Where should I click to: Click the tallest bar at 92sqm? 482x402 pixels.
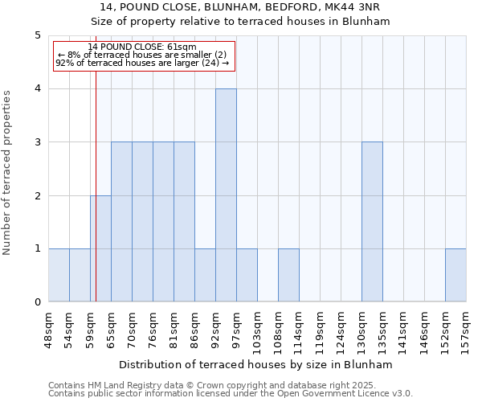pos(226,195)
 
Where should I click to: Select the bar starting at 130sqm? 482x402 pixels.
pos(372,222)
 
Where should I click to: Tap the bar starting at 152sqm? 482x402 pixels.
pos(455,275)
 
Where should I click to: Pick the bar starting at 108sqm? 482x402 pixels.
pos(288,275)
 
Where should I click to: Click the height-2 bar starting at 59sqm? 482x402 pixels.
pos(100,248)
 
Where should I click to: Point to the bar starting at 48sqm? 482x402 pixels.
pos(59,275)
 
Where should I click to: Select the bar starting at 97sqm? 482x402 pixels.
pos(247,275)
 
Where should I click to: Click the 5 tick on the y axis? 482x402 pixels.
pos(37,35)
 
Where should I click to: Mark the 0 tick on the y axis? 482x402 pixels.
pos(37,302)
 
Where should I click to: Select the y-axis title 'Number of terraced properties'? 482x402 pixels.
pos(8,172)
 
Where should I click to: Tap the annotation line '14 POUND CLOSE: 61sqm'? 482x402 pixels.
pos(142,47)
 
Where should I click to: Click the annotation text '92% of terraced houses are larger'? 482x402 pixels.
pos(142,63)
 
